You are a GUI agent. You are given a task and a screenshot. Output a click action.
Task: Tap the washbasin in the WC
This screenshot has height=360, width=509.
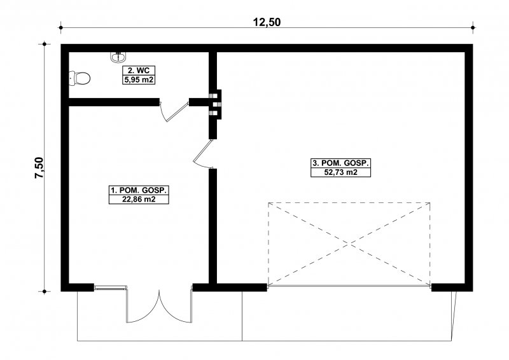[118, 57]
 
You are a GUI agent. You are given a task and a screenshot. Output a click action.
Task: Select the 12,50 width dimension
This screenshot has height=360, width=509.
[267, 22]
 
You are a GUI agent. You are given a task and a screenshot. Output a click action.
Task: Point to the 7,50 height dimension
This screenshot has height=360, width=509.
[39, 167]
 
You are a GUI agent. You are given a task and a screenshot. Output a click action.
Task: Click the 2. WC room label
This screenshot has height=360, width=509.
[139, 71]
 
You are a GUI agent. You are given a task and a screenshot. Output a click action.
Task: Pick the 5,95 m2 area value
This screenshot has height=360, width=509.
[139, 80]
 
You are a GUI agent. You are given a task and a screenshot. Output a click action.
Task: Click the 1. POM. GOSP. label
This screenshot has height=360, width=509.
[139, 190]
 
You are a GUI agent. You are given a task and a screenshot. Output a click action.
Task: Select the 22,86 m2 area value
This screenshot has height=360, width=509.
[139, 199]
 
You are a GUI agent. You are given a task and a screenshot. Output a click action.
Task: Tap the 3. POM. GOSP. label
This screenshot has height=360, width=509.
[341, 163]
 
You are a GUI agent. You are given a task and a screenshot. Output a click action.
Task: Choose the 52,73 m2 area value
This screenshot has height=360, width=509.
[341, 172]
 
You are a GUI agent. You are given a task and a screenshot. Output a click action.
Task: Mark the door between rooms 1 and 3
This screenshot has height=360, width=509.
[202, 154]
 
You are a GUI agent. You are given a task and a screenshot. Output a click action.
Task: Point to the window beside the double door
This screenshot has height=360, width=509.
[110, 287]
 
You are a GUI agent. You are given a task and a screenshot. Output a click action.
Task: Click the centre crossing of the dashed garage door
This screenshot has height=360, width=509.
[349, 244]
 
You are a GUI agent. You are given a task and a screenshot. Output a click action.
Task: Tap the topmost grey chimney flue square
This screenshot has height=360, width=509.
[214, 96]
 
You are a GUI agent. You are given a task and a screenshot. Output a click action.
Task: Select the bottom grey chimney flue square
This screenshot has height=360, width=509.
[214, 113]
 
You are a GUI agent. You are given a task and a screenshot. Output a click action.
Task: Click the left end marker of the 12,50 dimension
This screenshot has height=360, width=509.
[60, 27]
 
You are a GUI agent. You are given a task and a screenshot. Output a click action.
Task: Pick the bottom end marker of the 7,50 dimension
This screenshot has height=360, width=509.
[44, 291]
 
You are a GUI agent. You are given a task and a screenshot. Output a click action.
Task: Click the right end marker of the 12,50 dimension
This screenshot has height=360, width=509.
[473, 27]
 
